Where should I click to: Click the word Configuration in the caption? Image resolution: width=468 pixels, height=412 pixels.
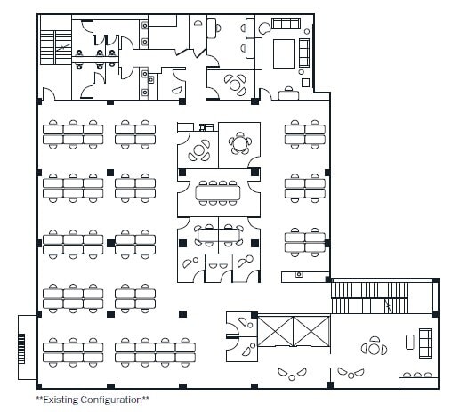tap(113, 400)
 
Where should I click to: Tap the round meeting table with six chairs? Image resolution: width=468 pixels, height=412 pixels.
tap(239, 142)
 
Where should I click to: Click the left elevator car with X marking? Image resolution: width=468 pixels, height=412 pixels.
tap(274, 332)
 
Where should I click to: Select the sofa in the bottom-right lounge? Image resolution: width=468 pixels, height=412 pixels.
tap(424, 341)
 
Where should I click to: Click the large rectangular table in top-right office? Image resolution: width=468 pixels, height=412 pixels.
tap(285, 52)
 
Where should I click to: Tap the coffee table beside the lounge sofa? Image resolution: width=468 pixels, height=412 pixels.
tap(408, 341)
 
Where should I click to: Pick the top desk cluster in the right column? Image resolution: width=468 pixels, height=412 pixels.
tap(305, 133)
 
